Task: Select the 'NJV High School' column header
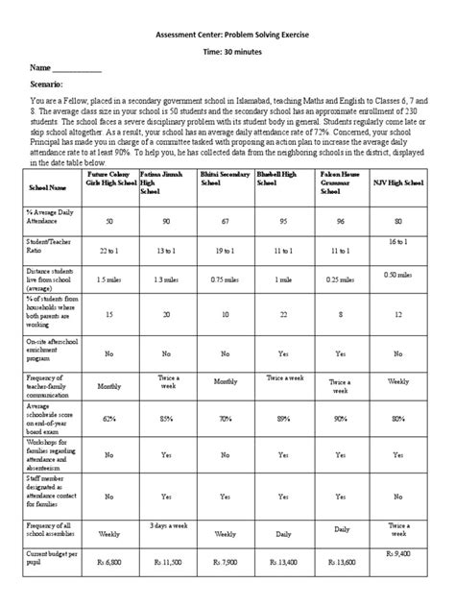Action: tap(398, 182)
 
